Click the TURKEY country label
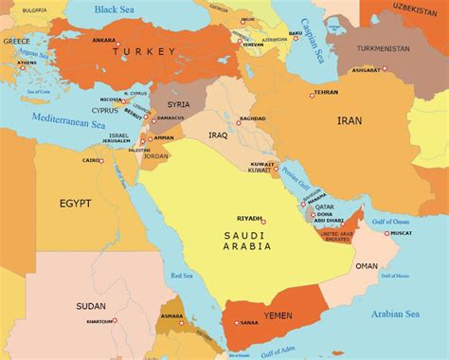[144, 54]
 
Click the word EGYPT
[75, 203]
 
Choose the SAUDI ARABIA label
[247, 241]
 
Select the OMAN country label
[366, 266]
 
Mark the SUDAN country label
[91, 306]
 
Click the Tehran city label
[325, 92]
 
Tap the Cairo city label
[91, 160]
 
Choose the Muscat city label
[401, 232]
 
